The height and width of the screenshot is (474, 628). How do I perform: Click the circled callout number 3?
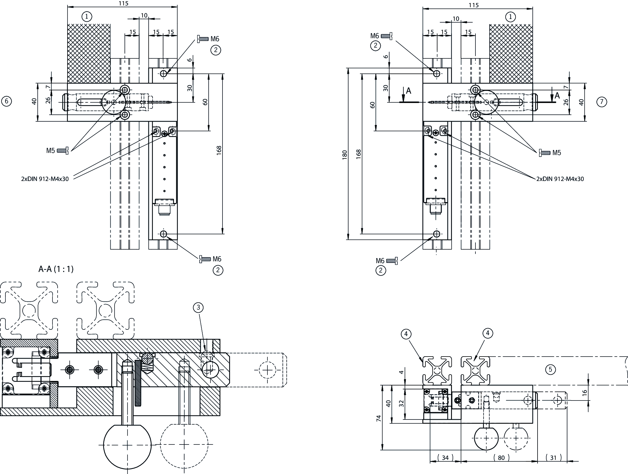point(198,307)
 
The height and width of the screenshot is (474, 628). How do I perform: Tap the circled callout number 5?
point(551,369)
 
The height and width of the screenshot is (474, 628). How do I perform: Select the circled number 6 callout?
point(7,101)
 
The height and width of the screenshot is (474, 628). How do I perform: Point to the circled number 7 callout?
point(602,102)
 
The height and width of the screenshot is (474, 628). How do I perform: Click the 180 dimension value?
point(345,154)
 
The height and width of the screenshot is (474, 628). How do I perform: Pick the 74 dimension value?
point(379,418)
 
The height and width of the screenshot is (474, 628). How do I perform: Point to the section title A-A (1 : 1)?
point(56,269)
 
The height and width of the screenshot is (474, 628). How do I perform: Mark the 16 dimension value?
point(584,393)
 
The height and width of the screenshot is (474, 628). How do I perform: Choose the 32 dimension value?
point(401,404)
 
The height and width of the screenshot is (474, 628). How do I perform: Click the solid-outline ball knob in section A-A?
point(127,445)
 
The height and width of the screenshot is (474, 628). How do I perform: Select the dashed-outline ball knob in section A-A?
point(184,444)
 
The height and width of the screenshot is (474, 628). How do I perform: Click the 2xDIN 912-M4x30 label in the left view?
point(45,179)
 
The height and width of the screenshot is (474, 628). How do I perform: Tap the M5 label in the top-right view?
point(557,153)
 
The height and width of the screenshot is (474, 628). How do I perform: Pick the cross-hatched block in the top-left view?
point(89,54)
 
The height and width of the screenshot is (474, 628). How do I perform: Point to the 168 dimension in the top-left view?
point(219,150)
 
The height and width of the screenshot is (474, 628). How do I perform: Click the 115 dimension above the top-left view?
point(123,3)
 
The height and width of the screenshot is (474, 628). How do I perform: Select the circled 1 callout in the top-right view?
point(510,17)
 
